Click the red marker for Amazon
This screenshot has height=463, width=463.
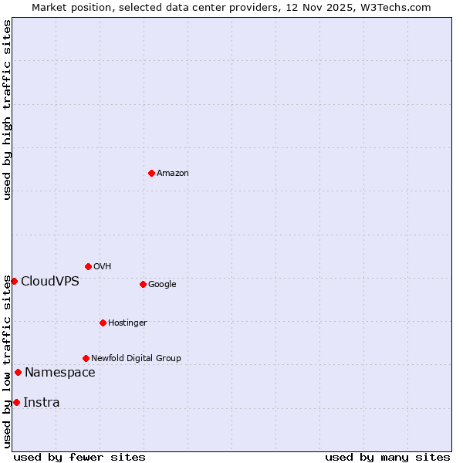point(151,173)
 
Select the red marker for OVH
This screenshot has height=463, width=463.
point(88,266)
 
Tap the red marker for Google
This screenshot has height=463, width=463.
point(143,284)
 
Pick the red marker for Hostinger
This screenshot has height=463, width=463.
point(103,323)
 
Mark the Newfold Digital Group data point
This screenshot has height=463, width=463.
point(86,358)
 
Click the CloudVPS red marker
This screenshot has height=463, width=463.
point(14,281)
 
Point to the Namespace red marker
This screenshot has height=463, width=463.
point(18,372)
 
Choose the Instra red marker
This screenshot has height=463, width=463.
point(16,402)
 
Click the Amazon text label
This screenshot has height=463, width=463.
point(172,174)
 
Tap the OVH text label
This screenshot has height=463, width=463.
point(102,267)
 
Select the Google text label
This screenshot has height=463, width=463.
point(162,285)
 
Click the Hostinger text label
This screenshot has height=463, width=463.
point(127,323)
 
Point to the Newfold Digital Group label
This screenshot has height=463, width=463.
point(136,359)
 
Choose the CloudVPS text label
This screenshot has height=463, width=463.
point(50,281)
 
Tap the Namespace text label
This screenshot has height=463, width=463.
point(59,373)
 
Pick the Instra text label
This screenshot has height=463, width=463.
point(41,403)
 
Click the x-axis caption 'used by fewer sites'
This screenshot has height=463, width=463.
point(79,457)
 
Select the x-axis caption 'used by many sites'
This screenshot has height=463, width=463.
point(387,457)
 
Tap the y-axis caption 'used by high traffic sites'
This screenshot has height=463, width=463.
point(7,110)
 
